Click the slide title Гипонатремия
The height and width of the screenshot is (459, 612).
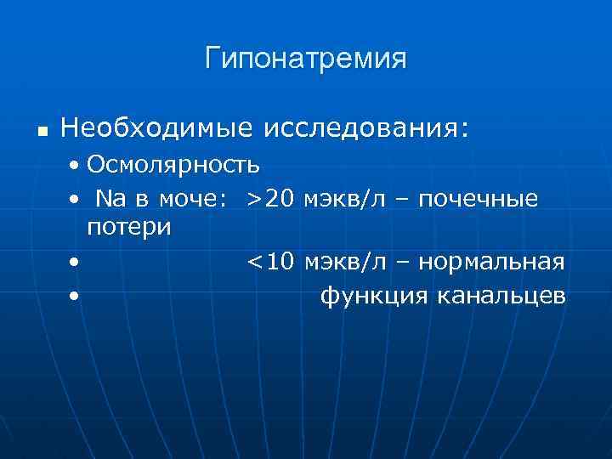click(305, 59)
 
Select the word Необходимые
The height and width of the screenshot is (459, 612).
click(157, 128)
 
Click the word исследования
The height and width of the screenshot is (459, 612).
click(365, 129)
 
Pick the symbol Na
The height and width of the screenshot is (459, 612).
click(111, 199)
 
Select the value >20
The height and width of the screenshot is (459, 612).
click(270, 199)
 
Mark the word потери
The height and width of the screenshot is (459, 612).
click(128, 227)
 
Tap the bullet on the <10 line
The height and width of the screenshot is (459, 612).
click(76, 263)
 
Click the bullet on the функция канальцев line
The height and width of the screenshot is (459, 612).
click(76, 297)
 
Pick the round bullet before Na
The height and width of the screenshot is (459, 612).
click(76, 200)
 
